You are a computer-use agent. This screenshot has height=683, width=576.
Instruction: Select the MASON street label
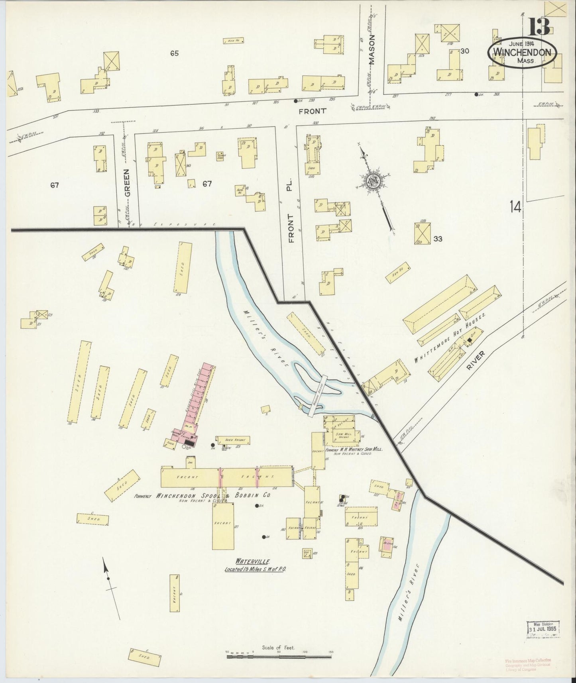(372, 53)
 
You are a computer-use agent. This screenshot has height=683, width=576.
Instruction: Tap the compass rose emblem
(375, 181)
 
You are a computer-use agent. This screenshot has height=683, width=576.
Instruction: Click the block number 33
(438, 239)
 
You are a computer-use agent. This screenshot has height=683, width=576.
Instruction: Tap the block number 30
(464, 51)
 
